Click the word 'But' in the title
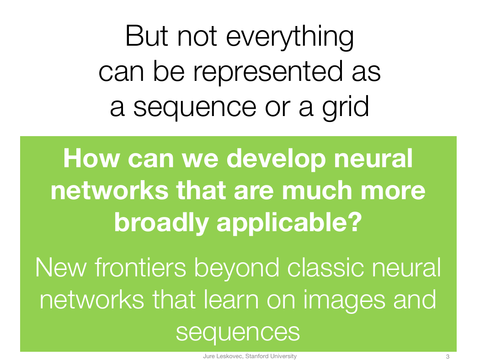click(147, 36)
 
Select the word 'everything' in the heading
click(290, 38)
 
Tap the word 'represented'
click(268, 73)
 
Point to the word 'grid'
click(346, 107)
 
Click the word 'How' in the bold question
click(91, 159)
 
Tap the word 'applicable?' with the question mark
click(289, 223)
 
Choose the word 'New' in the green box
click(61, 268)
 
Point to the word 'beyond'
click(237, 269)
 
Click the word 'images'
click(344, 301)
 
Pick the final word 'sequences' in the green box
click(238, 333)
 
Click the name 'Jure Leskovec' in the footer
click(223, 356)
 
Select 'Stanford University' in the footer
click(271, 356)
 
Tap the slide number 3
click(448, 357)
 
